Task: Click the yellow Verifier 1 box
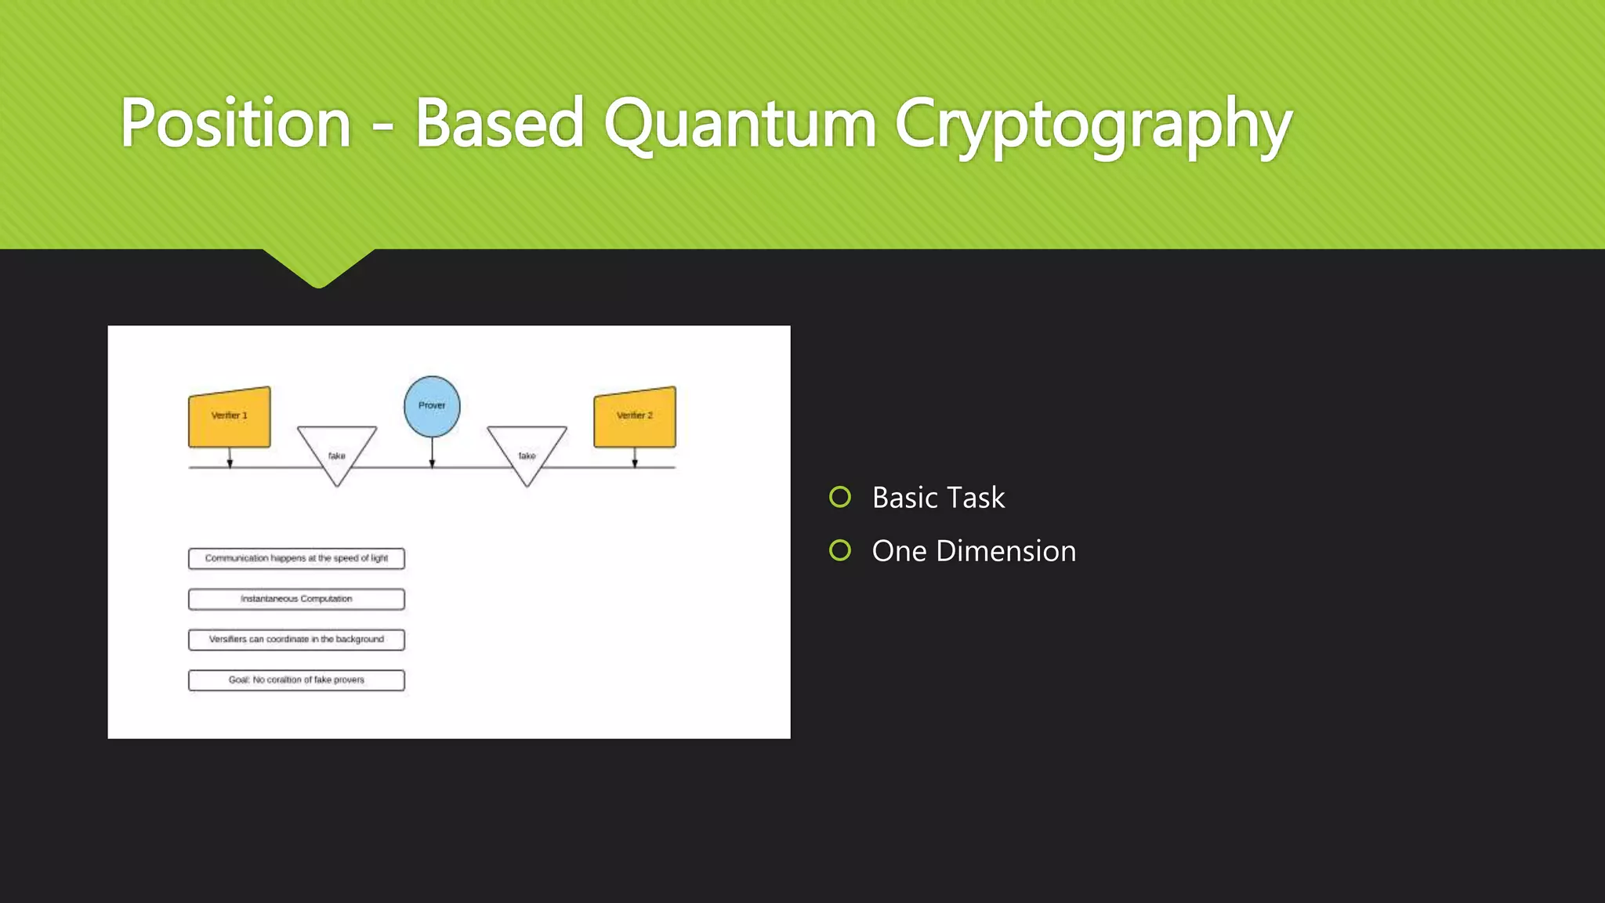pos(230,418)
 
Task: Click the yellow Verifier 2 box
pos(635,418)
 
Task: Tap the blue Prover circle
pos(432,406)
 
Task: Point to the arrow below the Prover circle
pos(432,453)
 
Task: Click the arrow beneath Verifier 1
pos(230,458)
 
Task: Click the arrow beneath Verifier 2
pos(635,458)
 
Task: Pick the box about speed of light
pos(296,558)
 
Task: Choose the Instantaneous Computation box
pos(296,599)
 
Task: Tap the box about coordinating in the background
pos(296,640)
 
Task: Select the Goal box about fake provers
pos(296,680)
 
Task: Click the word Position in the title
pos(235,123)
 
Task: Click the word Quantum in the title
pos(740,123)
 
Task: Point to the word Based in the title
pos(499,123)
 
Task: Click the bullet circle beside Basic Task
pos(840,497)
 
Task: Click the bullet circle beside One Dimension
pos(840,550)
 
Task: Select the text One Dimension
pos(973,551)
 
